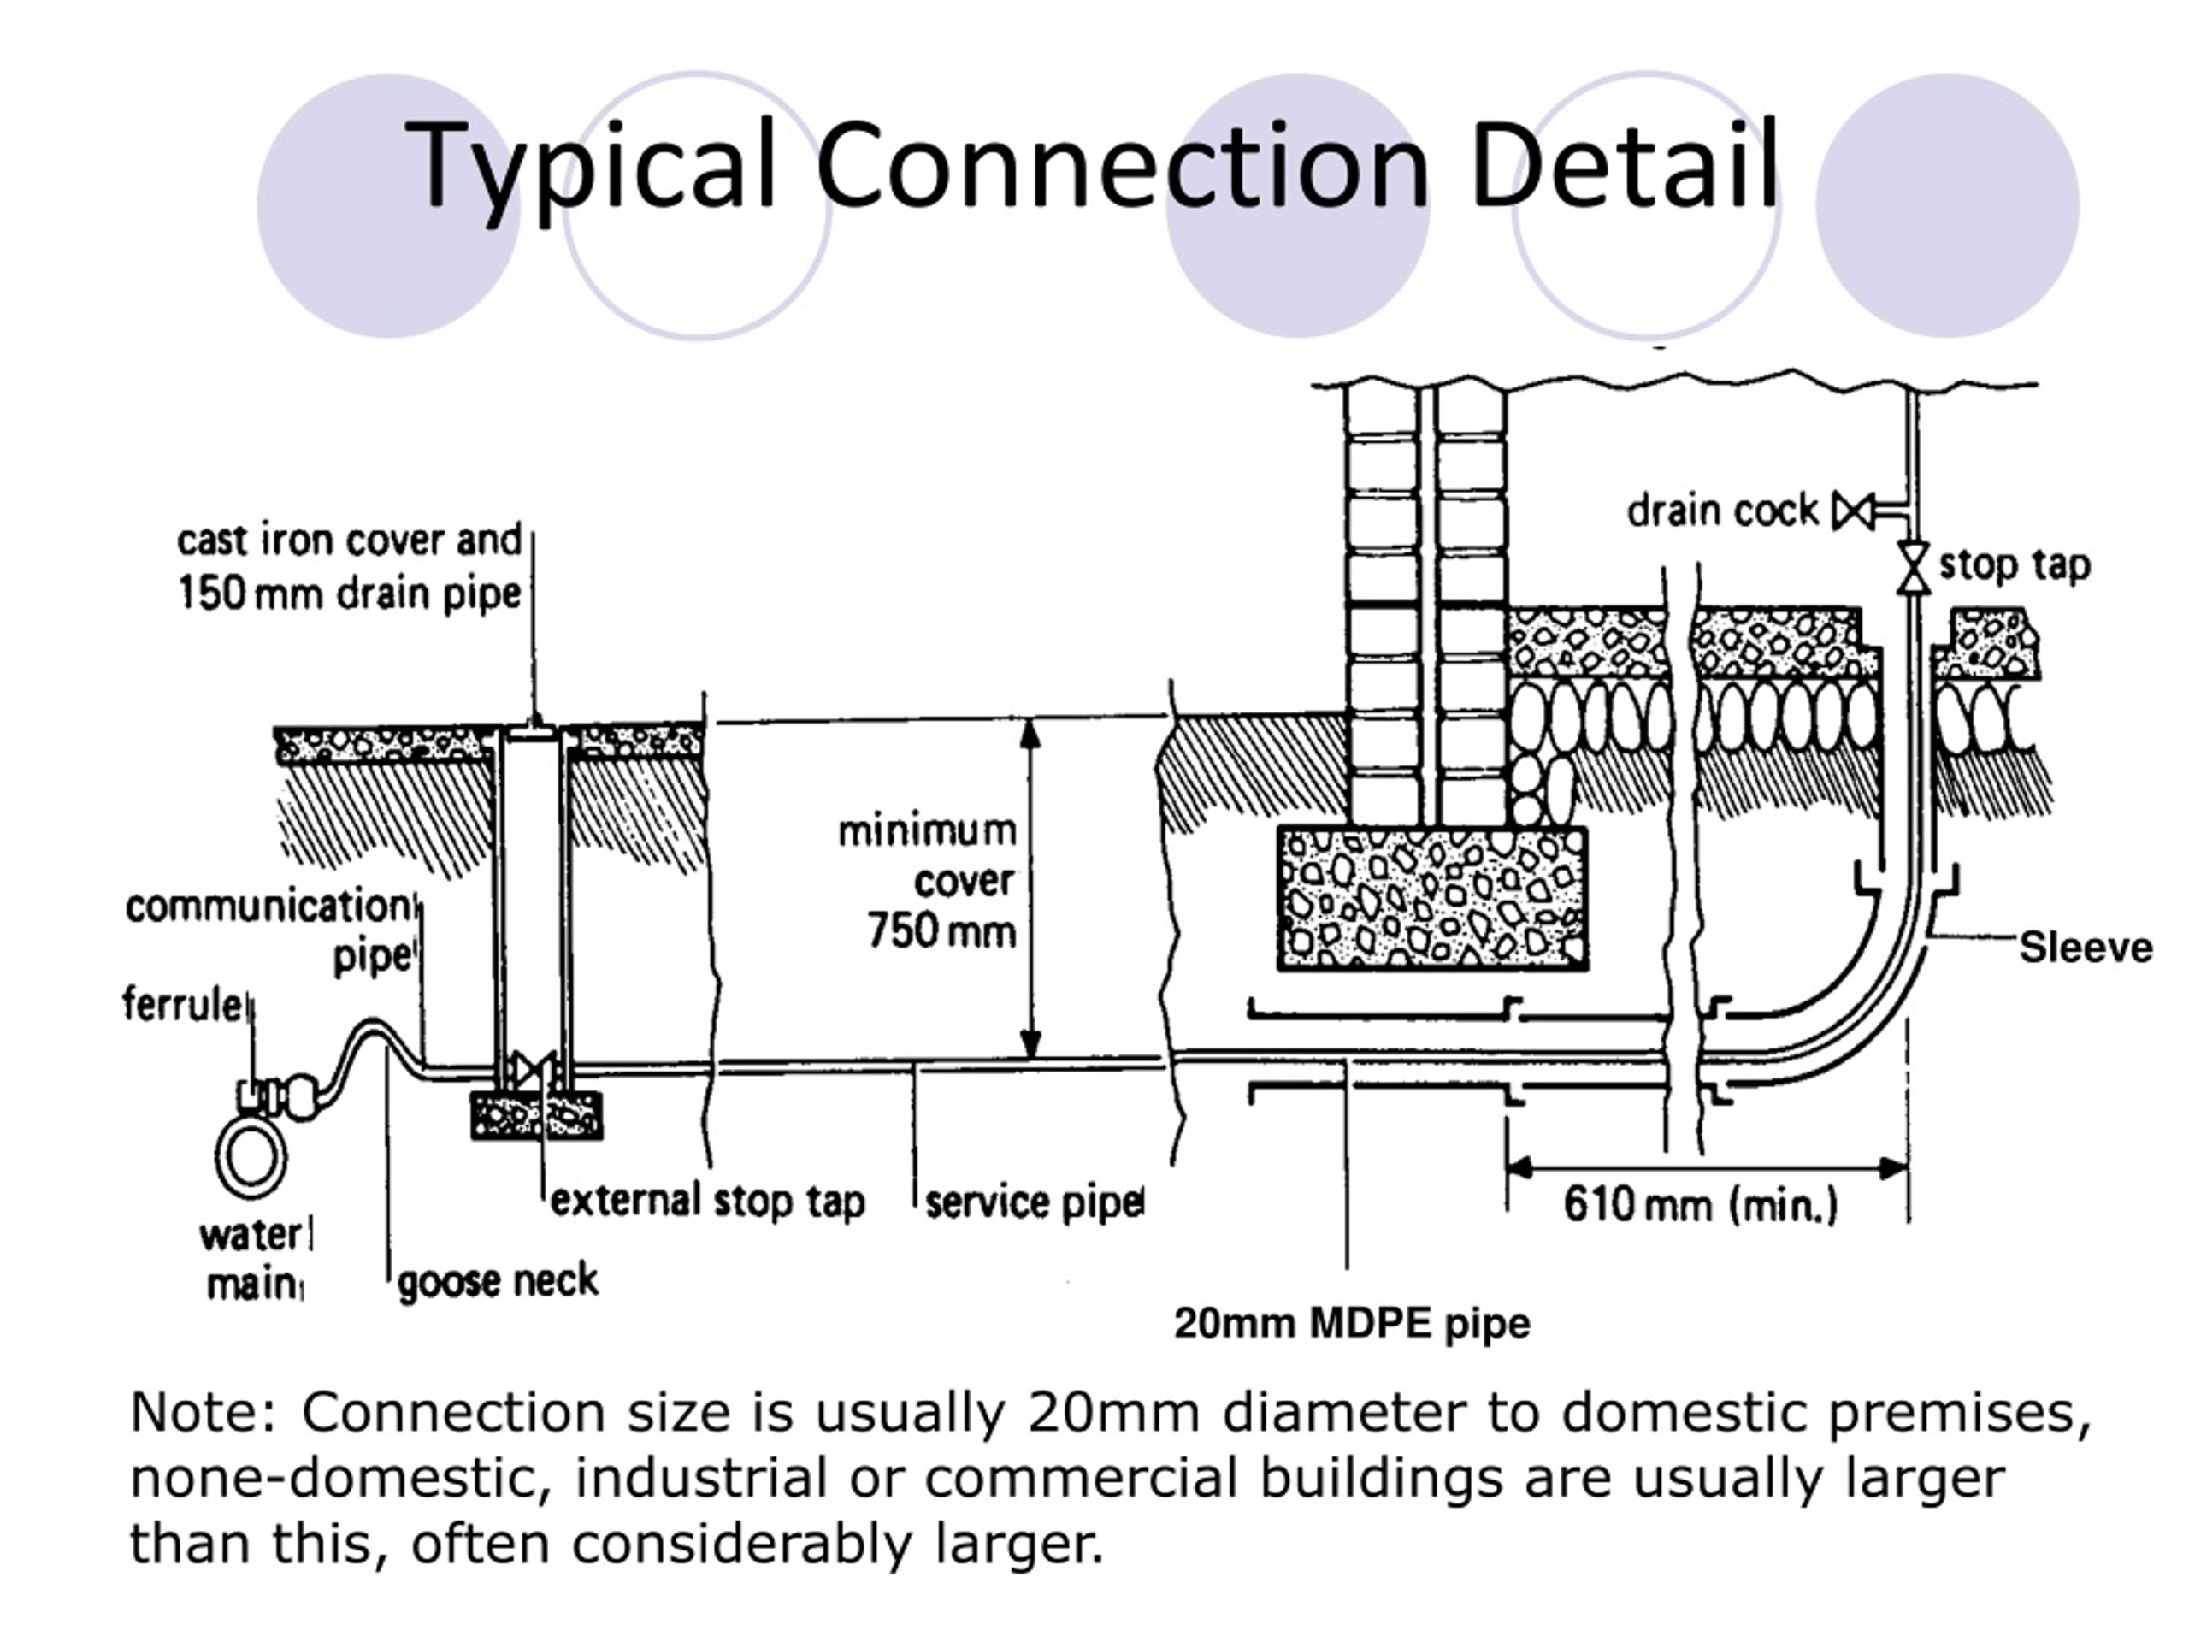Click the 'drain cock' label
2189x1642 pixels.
coord(1722,511)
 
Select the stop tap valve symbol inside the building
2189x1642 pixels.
coord(1914,567)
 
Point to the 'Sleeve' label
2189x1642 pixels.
coord(2085,948)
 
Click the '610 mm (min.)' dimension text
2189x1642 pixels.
coord(1700,1206)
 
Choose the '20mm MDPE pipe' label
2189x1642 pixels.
coord(1352,1323)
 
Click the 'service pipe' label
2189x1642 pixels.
coord(1034,1203)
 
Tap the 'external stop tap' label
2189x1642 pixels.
coord(707,1202)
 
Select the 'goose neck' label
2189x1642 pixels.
coord(498,1282)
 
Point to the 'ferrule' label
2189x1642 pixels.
coord(182,1004)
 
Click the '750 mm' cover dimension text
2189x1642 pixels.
coord(941,931)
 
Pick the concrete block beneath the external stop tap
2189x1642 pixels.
coord(536,1114)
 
